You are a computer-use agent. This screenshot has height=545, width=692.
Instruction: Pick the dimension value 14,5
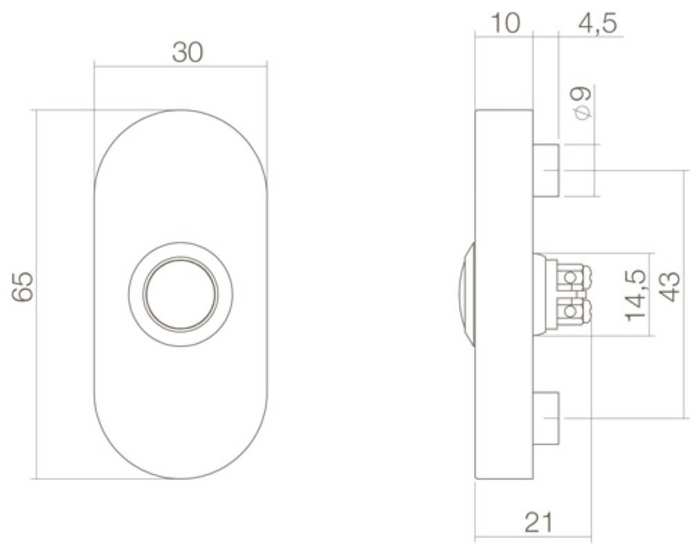pos(635,295)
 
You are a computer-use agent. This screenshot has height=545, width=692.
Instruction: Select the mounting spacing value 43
pos(668,286)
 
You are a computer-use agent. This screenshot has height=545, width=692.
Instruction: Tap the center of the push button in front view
pos(181,294)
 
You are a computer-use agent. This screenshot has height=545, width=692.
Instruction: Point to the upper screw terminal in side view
pos(570,277)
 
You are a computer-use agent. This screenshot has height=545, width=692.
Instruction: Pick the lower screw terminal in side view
pos(570,311)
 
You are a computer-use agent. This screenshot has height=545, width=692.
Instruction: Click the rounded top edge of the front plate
pos(181,111)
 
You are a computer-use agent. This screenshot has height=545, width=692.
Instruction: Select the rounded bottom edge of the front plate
pos(181,478)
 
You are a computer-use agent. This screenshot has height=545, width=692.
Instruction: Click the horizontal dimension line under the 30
pos(138,66)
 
